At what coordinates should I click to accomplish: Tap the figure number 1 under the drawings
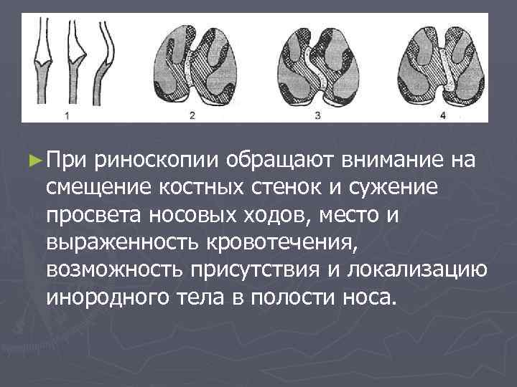(x=67, y=114)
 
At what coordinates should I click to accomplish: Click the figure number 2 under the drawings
(x=192, y=114)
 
